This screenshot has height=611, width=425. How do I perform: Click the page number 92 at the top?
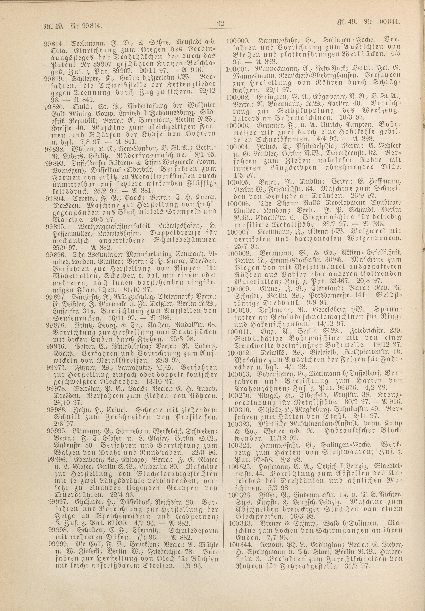click(x=220, y=24)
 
